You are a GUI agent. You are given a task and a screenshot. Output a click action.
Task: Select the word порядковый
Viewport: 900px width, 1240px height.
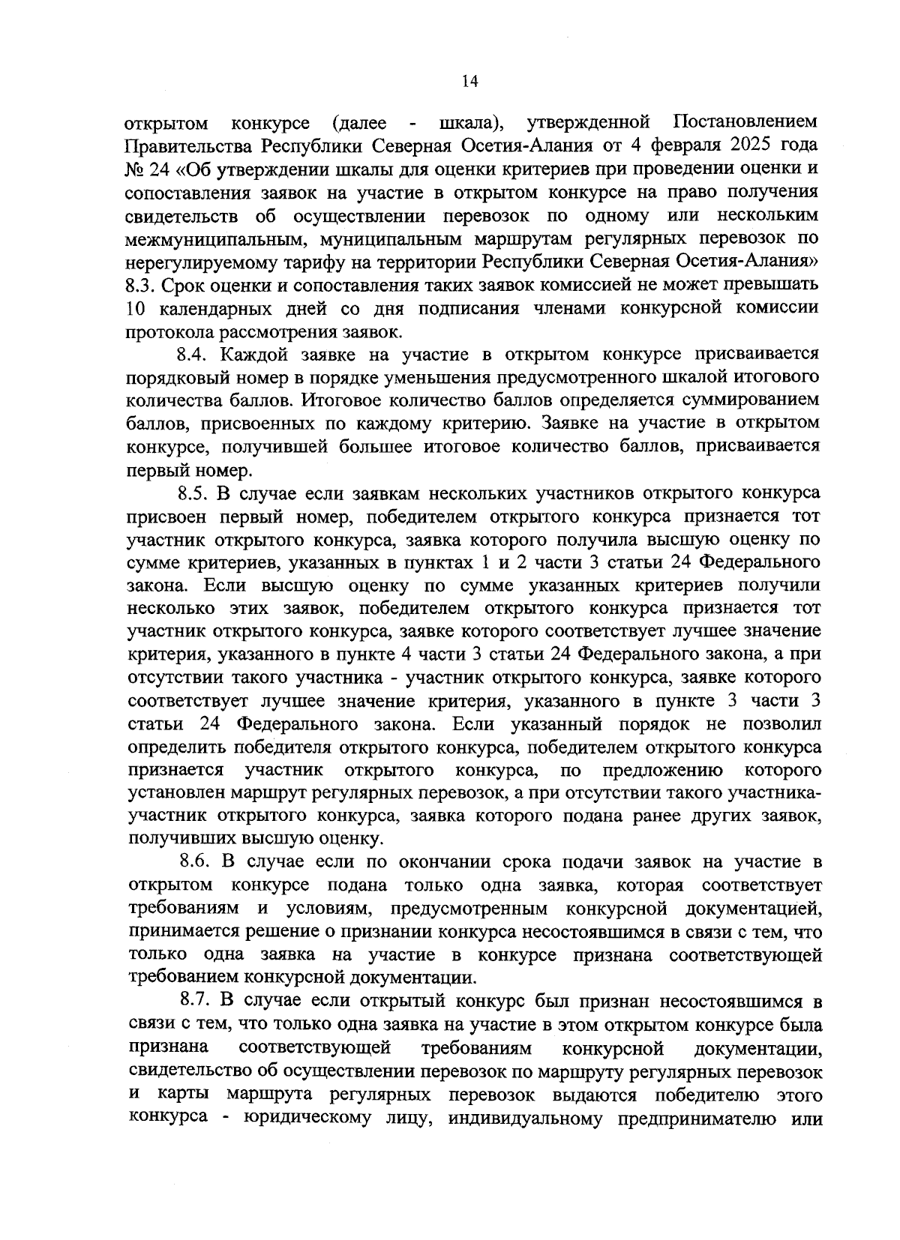point(171,377)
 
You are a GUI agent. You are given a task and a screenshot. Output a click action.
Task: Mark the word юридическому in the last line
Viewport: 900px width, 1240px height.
point(303,1118)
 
